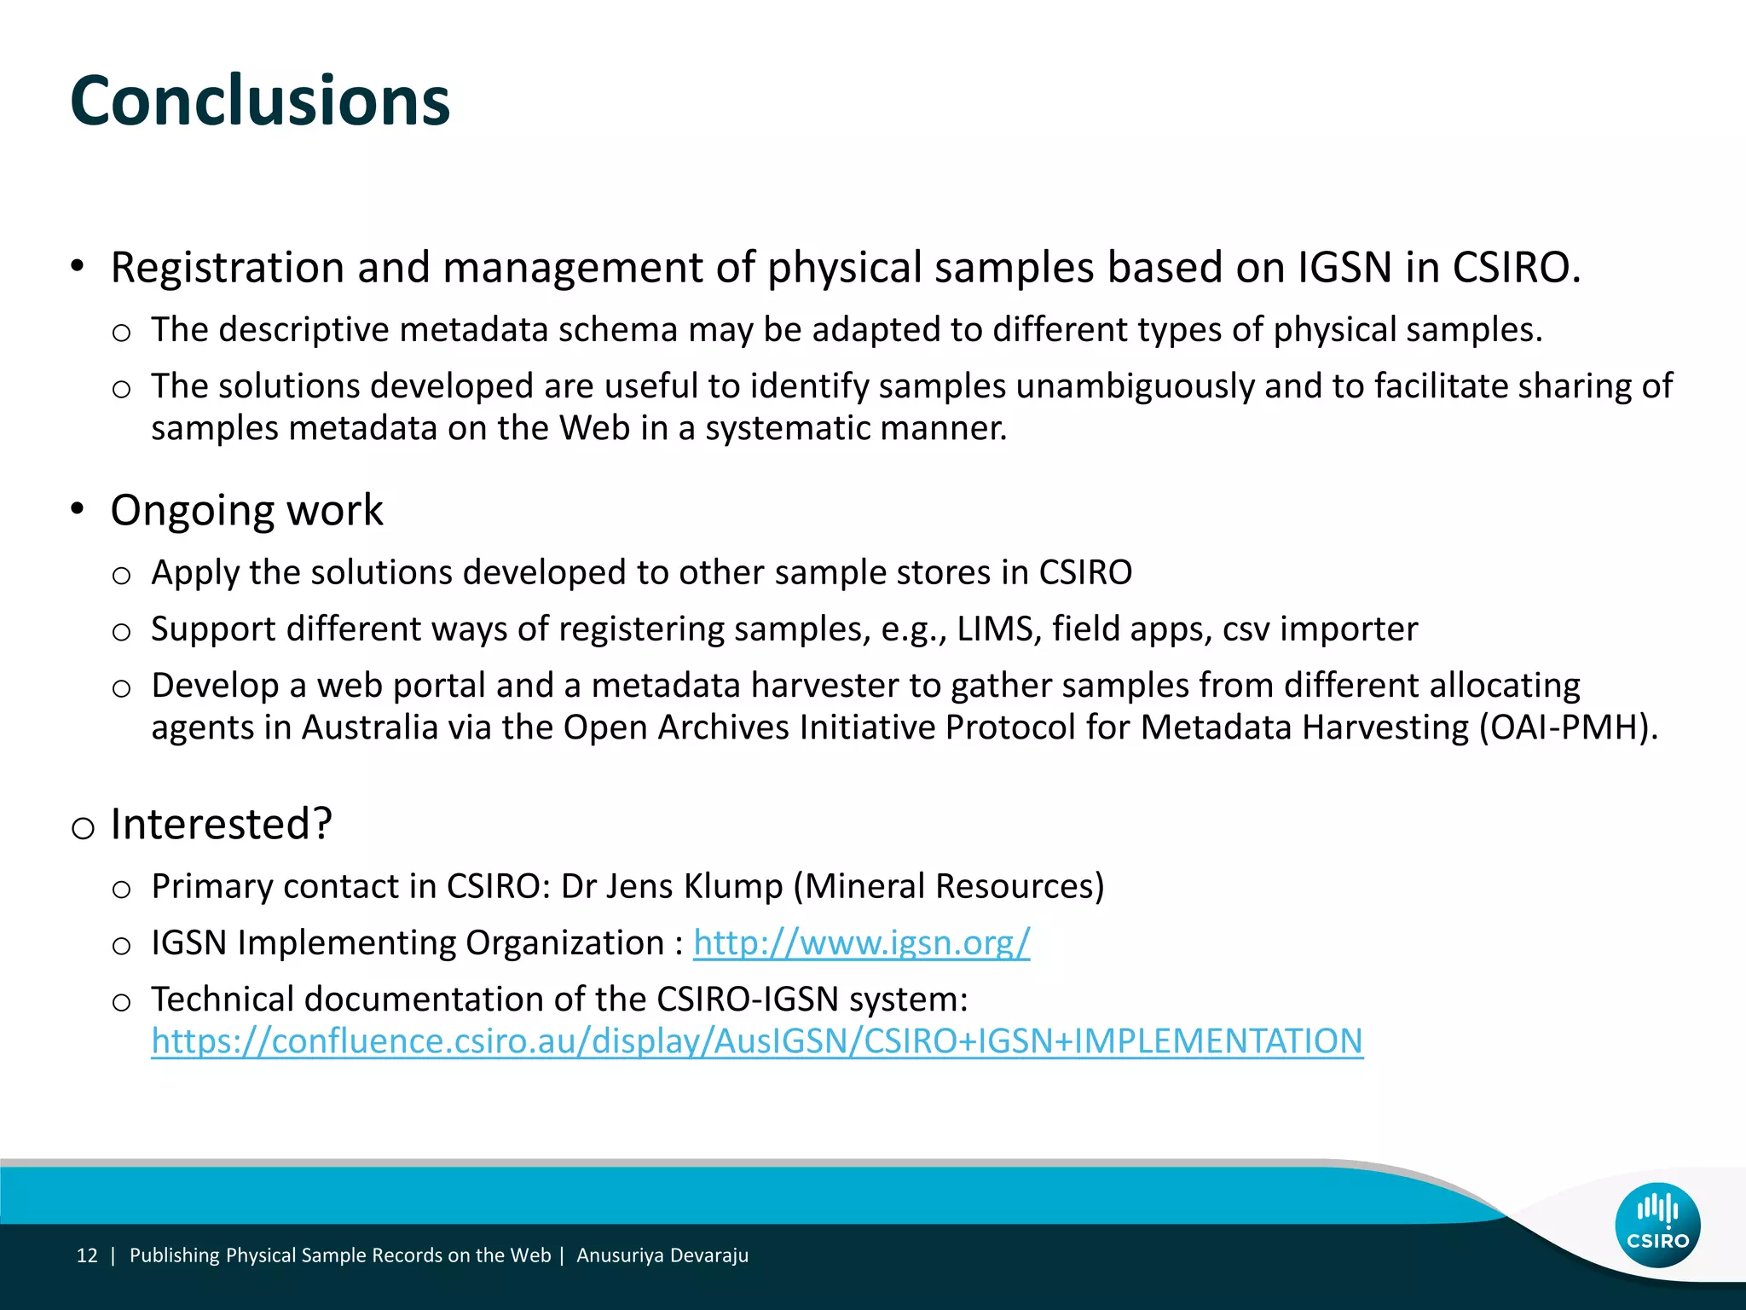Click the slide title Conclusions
260,101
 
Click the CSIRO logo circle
1657,1225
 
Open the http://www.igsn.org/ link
861,942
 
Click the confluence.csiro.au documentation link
757,1041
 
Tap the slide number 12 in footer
87,1255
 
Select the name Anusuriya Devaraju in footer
662,1255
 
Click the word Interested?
221,824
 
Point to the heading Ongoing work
246,510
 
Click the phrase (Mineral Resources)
949,886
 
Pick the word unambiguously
1135,386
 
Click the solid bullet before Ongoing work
78,509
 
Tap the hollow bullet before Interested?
83,827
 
